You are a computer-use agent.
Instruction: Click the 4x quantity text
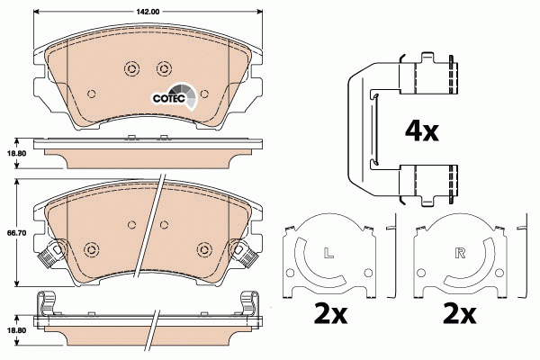[420, 131]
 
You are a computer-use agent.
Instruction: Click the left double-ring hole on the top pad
[129, 67]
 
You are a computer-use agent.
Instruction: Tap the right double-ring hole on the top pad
[163, 67]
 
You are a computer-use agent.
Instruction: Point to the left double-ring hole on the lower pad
[92, 249]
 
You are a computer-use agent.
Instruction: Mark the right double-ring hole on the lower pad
[200, 249]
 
